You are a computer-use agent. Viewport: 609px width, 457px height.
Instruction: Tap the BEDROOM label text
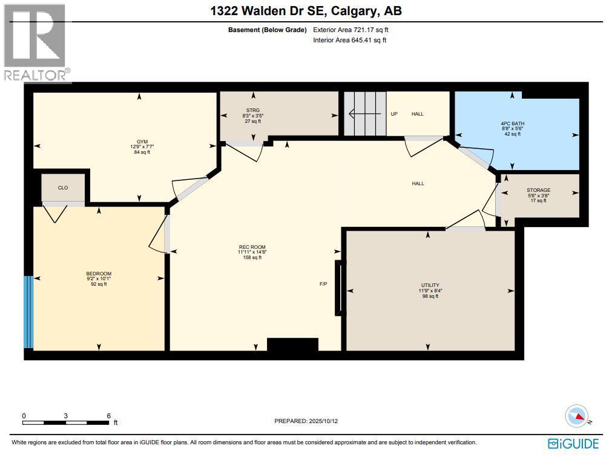click(99, 274)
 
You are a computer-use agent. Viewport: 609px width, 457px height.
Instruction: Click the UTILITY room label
click(430, 285)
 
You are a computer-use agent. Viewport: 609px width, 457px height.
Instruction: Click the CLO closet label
click(63, 188)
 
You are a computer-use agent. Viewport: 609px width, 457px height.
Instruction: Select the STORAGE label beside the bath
click(538, 190)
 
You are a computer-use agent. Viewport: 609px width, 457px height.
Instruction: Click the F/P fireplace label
click(324, 284)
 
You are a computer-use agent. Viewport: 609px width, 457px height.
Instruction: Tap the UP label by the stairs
click(394, 114)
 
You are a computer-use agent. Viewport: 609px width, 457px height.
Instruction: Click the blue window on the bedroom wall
click(28, 312)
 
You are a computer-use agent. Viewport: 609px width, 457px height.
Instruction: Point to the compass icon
click(577, 416)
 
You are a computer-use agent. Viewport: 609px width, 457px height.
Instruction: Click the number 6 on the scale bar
click(108, 416)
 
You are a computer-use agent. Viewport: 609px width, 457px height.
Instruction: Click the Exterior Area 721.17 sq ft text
click(349, 30)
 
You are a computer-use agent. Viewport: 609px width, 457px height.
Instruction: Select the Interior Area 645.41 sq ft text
click(349, 41)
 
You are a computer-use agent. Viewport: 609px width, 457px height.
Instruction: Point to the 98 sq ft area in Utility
click(430, 297)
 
